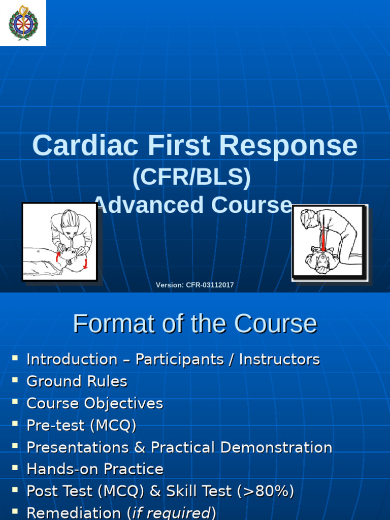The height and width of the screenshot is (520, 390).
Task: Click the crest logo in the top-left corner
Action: [x=23, y=23]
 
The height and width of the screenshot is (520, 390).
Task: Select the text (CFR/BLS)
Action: [x=191, y=177]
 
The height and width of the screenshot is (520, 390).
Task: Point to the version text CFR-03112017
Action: [x=210, y=285]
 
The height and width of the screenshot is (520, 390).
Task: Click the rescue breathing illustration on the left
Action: [x=59, y=241]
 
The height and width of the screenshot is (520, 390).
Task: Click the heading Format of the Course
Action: [x=194, y=323]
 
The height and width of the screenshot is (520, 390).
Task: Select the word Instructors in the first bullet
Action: [x=279, y=360]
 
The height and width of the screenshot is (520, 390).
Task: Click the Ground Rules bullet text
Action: [x=77, y=381]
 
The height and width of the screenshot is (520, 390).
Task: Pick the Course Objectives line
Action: [x=94, y=404]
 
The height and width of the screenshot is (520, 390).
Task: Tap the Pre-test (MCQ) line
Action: [x=81, y=426]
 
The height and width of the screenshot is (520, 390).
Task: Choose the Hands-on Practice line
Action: [x=95, y=469]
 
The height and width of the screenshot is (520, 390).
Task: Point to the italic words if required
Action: [x=171, y=513]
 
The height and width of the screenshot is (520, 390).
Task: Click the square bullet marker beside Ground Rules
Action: [x=15, y=380]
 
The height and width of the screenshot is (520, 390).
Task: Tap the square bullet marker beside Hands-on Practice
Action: [x=15, y=468]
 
